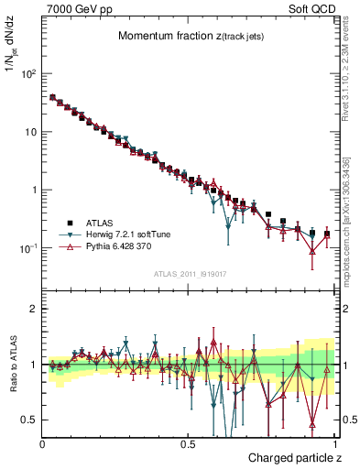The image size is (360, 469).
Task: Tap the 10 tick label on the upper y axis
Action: click(x=28, y=132)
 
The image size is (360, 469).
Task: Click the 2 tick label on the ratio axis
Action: click(x=34, y=309)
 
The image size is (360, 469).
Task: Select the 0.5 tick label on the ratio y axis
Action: click(x=29, y=420)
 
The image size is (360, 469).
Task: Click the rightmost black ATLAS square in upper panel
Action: click(x=327, y=234)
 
